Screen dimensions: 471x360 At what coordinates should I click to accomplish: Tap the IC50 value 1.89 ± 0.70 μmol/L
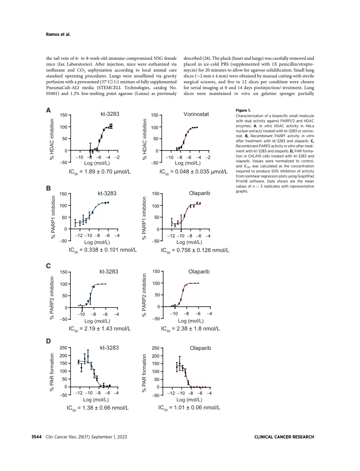(100, 172)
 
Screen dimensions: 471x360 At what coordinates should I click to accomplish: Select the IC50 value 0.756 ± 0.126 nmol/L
(195, 250)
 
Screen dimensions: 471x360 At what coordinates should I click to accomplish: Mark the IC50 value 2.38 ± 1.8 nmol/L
(190, 329)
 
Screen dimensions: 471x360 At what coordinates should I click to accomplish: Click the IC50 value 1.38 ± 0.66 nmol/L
(98, 408)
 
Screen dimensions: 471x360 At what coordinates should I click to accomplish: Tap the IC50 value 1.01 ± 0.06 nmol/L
(189, 408)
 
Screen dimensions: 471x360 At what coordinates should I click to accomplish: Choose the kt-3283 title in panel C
(109, 272)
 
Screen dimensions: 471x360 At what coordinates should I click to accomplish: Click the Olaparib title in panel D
(201, 348)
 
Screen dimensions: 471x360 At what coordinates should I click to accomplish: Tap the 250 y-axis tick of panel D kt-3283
(63, 348)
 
